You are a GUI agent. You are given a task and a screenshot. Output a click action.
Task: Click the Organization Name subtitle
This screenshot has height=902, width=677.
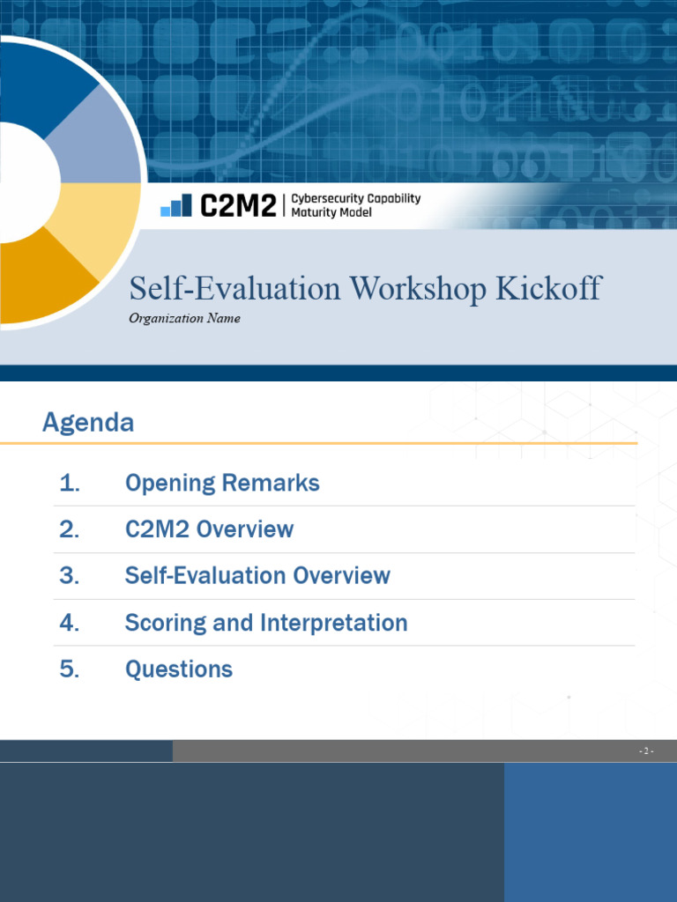(x=184, y=319)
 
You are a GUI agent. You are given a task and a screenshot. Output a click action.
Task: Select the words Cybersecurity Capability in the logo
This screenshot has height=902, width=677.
(x=355, y=199)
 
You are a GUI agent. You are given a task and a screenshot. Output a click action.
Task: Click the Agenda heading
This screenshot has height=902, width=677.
(x=88, y=423)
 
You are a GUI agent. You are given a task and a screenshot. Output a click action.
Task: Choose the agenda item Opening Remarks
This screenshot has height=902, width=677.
(x=222, y=483)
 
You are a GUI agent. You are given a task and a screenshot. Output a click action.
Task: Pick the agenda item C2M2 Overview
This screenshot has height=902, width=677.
(x=209, y=529)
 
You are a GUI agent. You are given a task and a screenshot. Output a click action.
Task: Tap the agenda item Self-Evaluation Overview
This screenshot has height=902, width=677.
(x=257, y=576)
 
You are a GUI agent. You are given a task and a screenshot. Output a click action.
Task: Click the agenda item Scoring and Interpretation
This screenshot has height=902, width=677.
(x=266, y=623)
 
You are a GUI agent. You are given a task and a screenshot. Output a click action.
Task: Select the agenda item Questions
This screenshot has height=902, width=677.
(x=179, y=669)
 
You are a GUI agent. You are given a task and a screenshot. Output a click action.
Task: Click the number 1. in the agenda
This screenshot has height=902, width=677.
(x=70, y=483)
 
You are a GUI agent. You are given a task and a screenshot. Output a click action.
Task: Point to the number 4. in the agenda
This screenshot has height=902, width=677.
(x=70, y=623)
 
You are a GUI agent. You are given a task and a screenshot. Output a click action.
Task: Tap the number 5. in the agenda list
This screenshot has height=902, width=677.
(x=70, y=669)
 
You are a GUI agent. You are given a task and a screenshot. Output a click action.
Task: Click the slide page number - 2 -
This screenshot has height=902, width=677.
(x=646, y=751)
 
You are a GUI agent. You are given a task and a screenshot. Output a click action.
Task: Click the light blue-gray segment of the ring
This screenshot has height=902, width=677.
(x=97, y=141)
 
